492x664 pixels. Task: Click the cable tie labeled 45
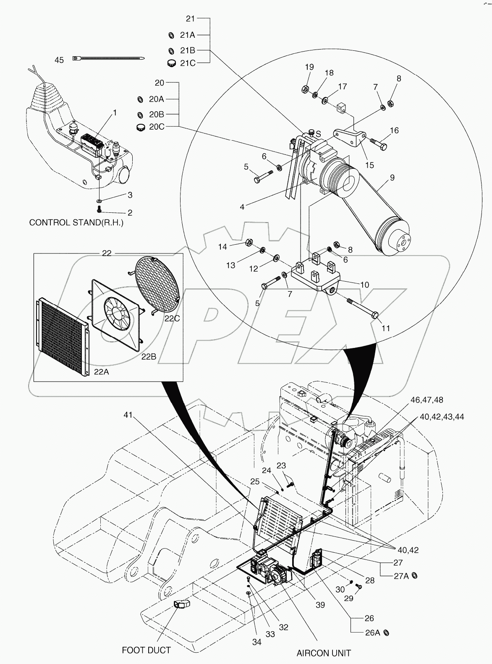pyautogui.click(x=109, y=59)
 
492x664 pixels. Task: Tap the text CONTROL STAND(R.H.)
pyautogui.click(x=76, y=222)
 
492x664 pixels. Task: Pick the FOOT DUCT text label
pyautogui.click(x=146, y=650)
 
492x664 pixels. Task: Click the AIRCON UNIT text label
pyautogui.click(x=324, y=653)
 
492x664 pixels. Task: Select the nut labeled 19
pyautogui.click(x=306, y=89)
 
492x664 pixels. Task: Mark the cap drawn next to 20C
pyautogui.click(x=141, y=127)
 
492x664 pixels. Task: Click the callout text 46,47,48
pyautogui.click(x=427, y=400)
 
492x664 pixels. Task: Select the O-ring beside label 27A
pyautogui.click(x=414, y=576)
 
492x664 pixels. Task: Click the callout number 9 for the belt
pyautogui.click(x=392, y=178)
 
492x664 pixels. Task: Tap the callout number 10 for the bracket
pyautogui.click(x=364, y=285)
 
